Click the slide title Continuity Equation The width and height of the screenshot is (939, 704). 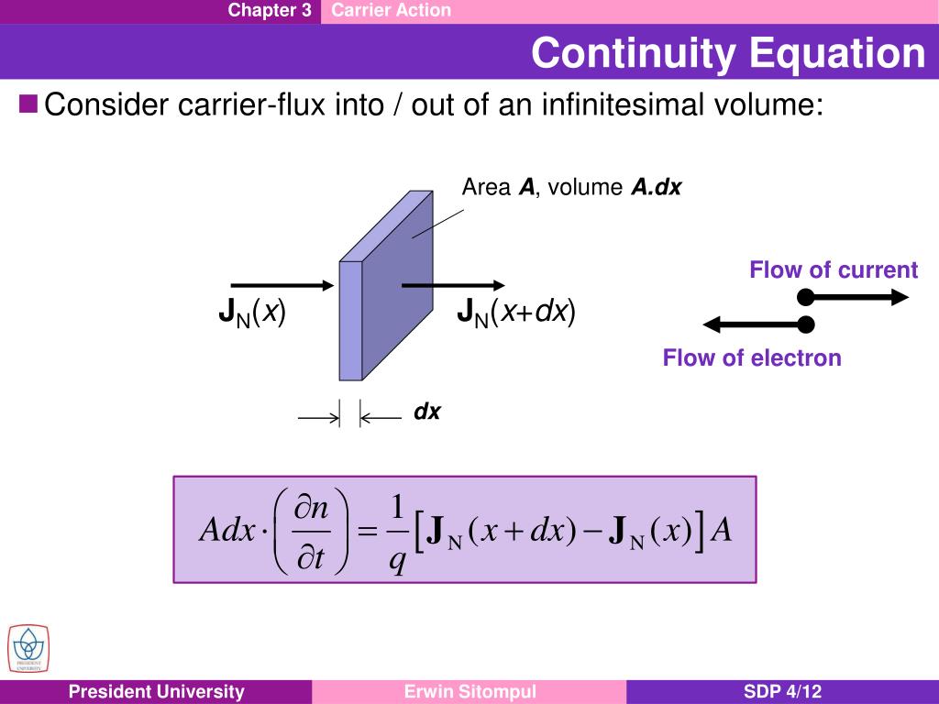pyautogui.click(x=728, y=53)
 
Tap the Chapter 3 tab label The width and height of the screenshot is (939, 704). pyautogui.click(x=270, y=11)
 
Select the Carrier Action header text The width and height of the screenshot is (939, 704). pyautogui.click(x=392, y=11)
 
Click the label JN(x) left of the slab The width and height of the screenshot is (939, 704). pyautogui.click(x=252, y=313)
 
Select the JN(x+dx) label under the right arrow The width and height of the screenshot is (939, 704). pyautogui.click(x=516, y=313)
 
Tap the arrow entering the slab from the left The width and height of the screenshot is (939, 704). pyautogui.click(x=282, y=286)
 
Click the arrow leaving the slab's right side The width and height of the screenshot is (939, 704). pyautogui.click(x=453, y=286)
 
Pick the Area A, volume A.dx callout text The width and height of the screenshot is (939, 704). pyautogui.click(x=571, y=188)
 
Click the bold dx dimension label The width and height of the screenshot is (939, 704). pyautogui.click(x=427, y=412)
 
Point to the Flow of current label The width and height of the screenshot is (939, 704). pyautogui.click(x=833, y=269)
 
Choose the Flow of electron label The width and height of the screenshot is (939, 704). pyautogui.click(x=752, y=357)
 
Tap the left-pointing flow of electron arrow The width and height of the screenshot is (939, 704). pyautogui.click(x=757, y=324)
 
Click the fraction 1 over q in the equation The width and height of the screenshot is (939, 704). pyautogui.click(x=397, y=531)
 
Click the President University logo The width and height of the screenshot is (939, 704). pyautogui.click(x=28, y=648)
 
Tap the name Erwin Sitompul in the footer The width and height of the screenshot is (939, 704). pyautogui.click(x=469, y=692)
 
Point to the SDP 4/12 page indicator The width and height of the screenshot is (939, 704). pyautogui.click(x=782, y=692)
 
